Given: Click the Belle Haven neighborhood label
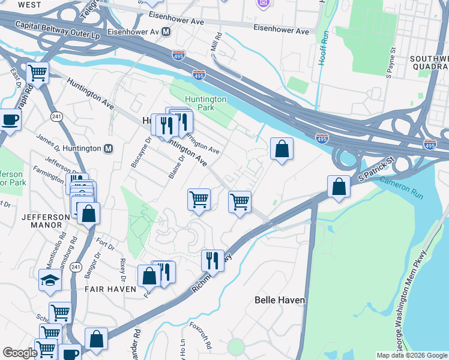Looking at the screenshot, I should tap(280, 299).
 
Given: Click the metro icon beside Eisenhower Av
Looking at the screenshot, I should tap(165, 31).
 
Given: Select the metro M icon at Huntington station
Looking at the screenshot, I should tap(109, 149).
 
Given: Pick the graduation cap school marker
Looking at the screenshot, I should tap(50, 279).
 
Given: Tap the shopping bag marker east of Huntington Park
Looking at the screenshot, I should tap(282, 148).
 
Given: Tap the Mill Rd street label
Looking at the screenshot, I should tap(217, 42).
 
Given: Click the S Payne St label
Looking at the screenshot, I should tap(391, 63).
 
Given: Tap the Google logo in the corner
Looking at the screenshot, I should tap(20, 353).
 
